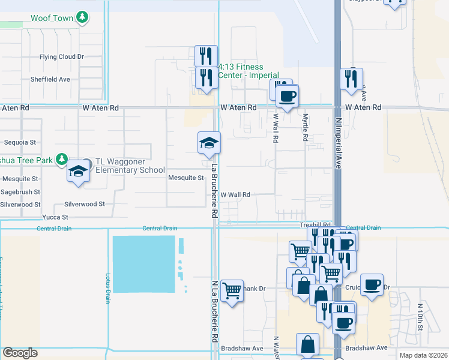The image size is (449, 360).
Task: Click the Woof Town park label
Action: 52,18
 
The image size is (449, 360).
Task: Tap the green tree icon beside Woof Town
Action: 83,17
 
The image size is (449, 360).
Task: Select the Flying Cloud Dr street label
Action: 61,57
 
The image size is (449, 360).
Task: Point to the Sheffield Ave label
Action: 50,79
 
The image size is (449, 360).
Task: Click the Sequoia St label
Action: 20,143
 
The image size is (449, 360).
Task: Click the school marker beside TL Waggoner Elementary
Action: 78,170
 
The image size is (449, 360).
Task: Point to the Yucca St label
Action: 55,217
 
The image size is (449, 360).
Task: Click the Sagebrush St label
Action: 20,192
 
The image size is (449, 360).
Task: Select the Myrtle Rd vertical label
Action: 306,128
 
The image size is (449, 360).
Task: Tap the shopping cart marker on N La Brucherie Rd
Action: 232,291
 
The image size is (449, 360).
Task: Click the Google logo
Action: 20,353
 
